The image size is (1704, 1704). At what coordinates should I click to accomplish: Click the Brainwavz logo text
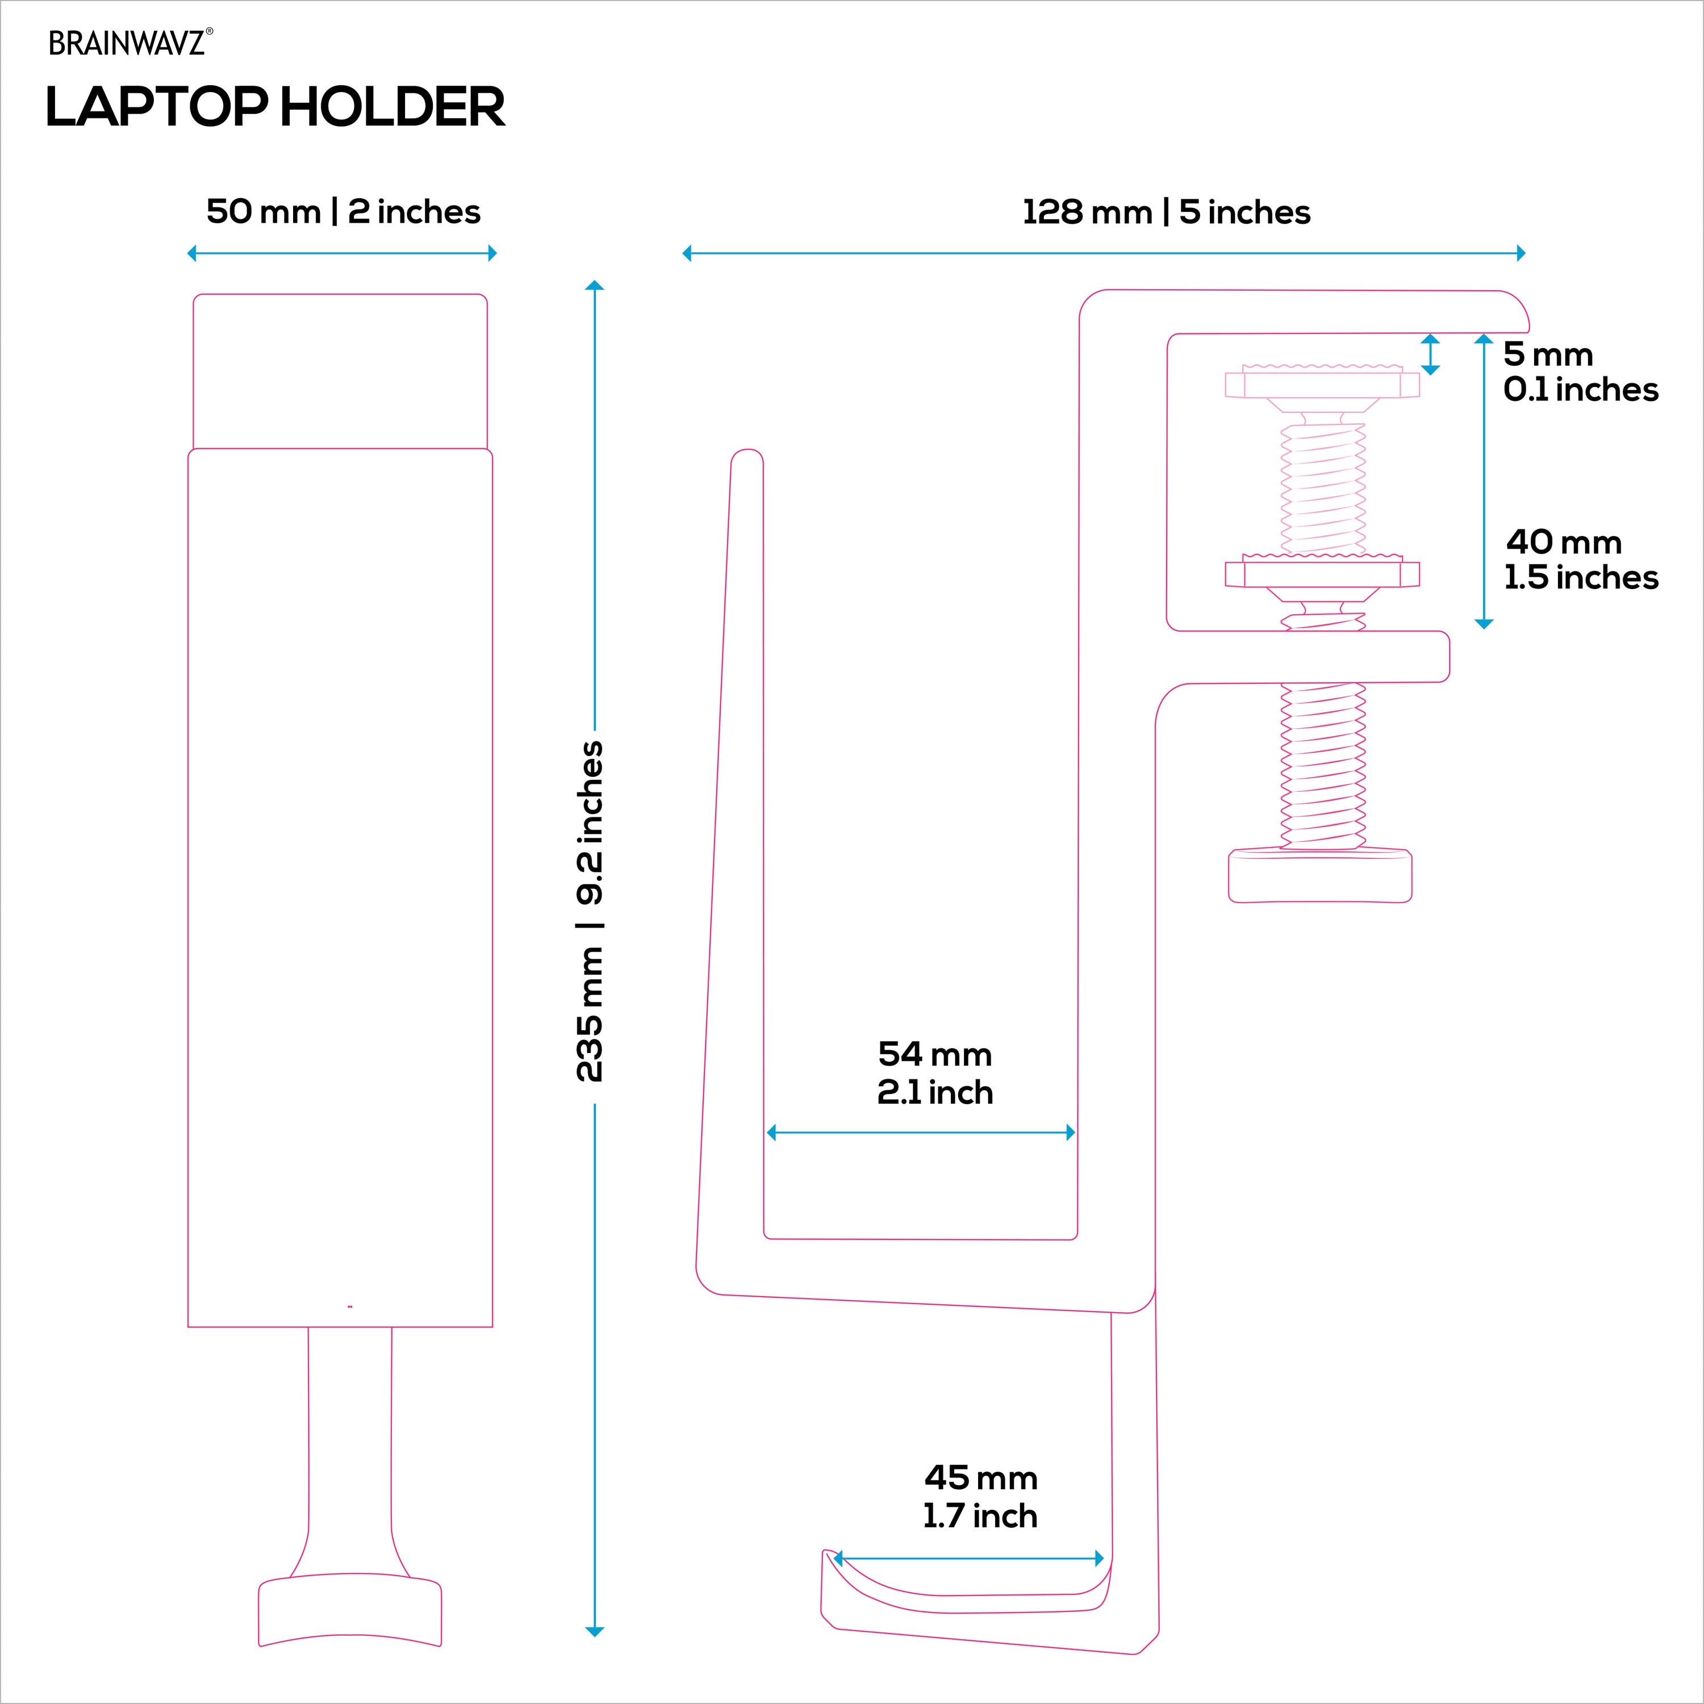129,43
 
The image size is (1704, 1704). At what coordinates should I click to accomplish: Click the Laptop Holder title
275,107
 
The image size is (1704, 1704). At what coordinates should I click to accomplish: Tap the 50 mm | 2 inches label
343,212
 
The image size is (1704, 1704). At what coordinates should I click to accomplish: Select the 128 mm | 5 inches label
1166,212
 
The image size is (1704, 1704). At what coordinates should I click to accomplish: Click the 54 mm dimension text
935,1054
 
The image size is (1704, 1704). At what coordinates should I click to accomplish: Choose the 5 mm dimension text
1548,354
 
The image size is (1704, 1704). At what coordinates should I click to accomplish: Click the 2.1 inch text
935,1093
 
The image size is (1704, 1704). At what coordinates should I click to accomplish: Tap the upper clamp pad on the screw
1322,385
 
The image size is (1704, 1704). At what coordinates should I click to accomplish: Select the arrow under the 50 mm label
342,254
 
